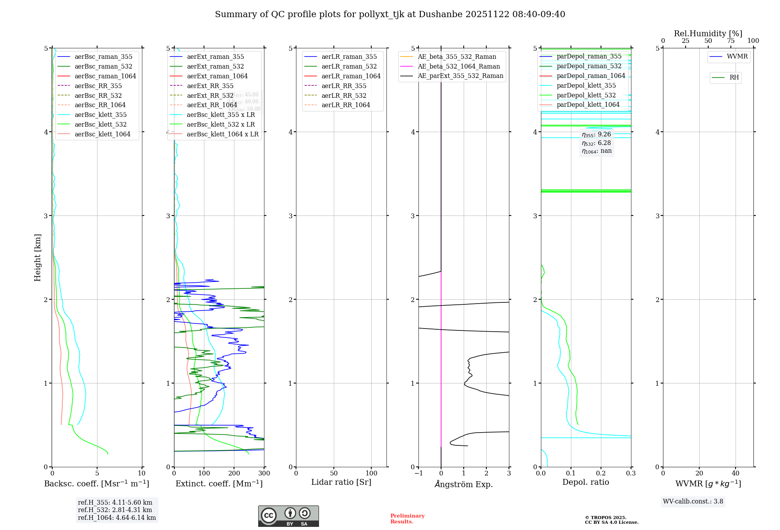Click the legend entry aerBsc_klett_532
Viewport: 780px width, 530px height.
100,124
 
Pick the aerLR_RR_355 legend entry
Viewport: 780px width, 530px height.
344,86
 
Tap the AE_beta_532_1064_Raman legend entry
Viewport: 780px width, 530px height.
458,66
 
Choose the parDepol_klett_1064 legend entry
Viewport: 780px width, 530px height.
588,104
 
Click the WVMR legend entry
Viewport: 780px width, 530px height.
737,57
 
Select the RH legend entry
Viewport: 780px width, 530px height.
734,78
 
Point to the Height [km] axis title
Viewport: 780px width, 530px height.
37,258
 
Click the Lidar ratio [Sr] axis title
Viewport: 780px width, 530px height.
341,482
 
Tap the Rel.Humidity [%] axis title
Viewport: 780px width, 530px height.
708,34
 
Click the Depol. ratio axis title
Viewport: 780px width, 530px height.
585,482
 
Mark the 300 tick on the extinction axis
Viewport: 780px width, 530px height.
264,473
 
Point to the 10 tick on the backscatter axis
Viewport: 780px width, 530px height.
142,473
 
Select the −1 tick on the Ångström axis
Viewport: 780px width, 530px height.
418,473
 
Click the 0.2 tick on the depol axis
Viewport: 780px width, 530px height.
601,473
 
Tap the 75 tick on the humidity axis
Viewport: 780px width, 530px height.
731,41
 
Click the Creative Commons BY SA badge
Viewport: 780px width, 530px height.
288,516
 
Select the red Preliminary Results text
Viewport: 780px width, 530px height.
407,519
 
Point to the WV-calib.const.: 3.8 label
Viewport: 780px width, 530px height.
693,502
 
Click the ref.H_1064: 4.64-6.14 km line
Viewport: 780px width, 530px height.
117,518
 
